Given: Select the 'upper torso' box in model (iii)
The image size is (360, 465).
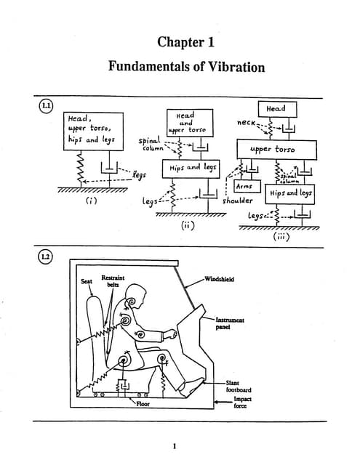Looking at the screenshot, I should pyautogui.click(x=277, y=150).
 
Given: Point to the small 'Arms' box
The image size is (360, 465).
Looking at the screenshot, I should pyautogui.click(x=244, y=187).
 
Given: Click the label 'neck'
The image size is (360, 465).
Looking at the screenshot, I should pyautogui.click(x=247, y=125).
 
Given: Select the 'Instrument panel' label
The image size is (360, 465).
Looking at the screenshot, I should pyautogui.click(x=231, y=323).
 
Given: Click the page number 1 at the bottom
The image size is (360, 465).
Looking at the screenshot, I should pyautogui.click(x=175, y=445).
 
